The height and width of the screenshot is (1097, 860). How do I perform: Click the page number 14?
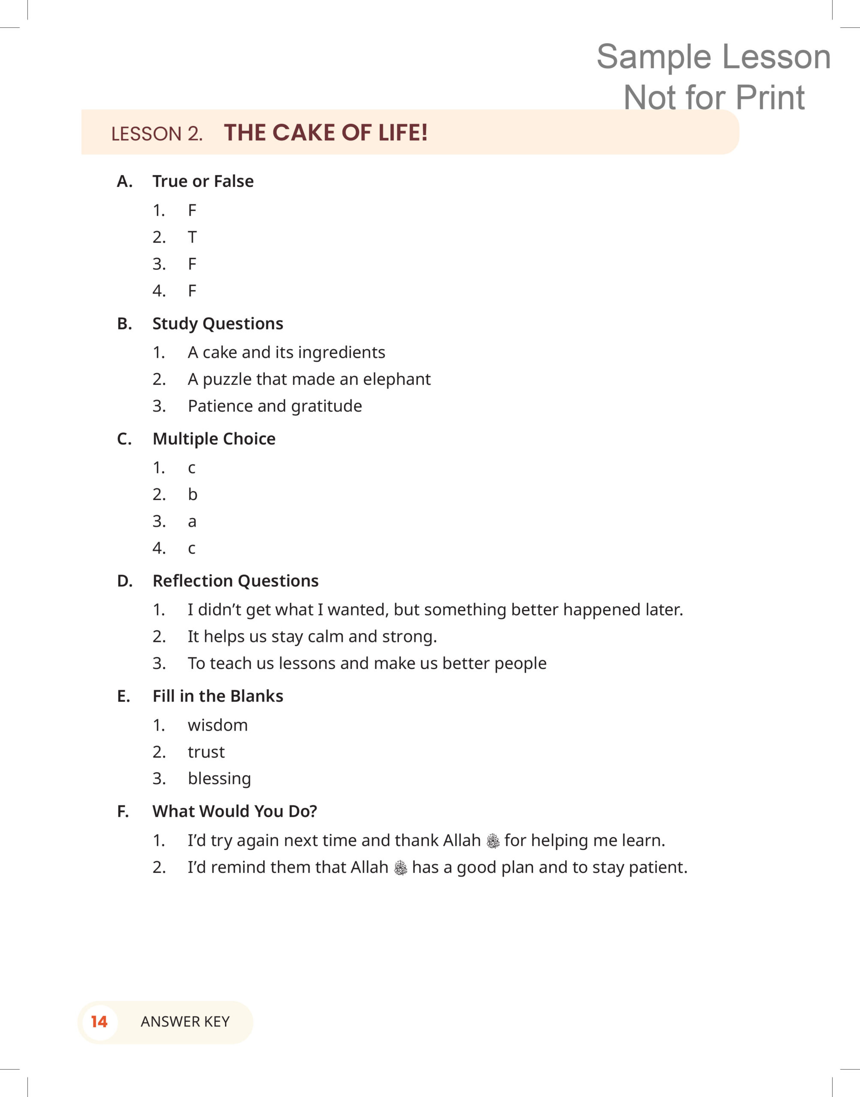click(x=99, y=1022)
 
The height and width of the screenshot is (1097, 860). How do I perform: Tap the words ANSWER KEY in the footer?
click(x=185, y=1022)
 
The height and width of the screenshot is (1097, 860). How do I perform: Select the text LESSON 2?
click(x=156, y=134)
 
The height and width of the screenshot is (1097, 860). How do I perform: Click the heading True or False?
click(x=203, y=181)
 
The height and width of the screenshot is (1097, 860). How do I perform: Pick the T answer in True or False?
click(x=192, y=237)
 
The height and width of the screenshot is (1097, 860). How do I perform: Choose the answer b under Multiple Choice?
click(x=192, y=495)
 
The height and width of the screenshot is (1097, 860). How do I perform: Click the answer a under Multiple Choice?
click(x=192, y=522)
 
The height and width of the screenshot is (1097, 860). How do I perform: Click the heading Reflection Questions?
click(x=235, y=581)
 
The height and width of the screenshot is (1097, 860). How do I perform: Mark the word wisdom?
click(x=218, y=725)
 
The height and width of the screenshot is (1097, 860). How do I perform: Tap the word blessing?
click(x=219, y=779)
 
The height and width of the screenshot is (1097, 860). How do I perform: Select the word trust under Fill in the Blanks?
click(x=206, y=752)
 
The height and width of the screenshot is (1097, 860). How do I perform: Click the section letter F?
click(x=123, y=812)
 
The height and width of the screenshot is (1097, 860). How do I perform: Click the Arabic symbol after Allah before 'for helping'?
click(x=493, y=841)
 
